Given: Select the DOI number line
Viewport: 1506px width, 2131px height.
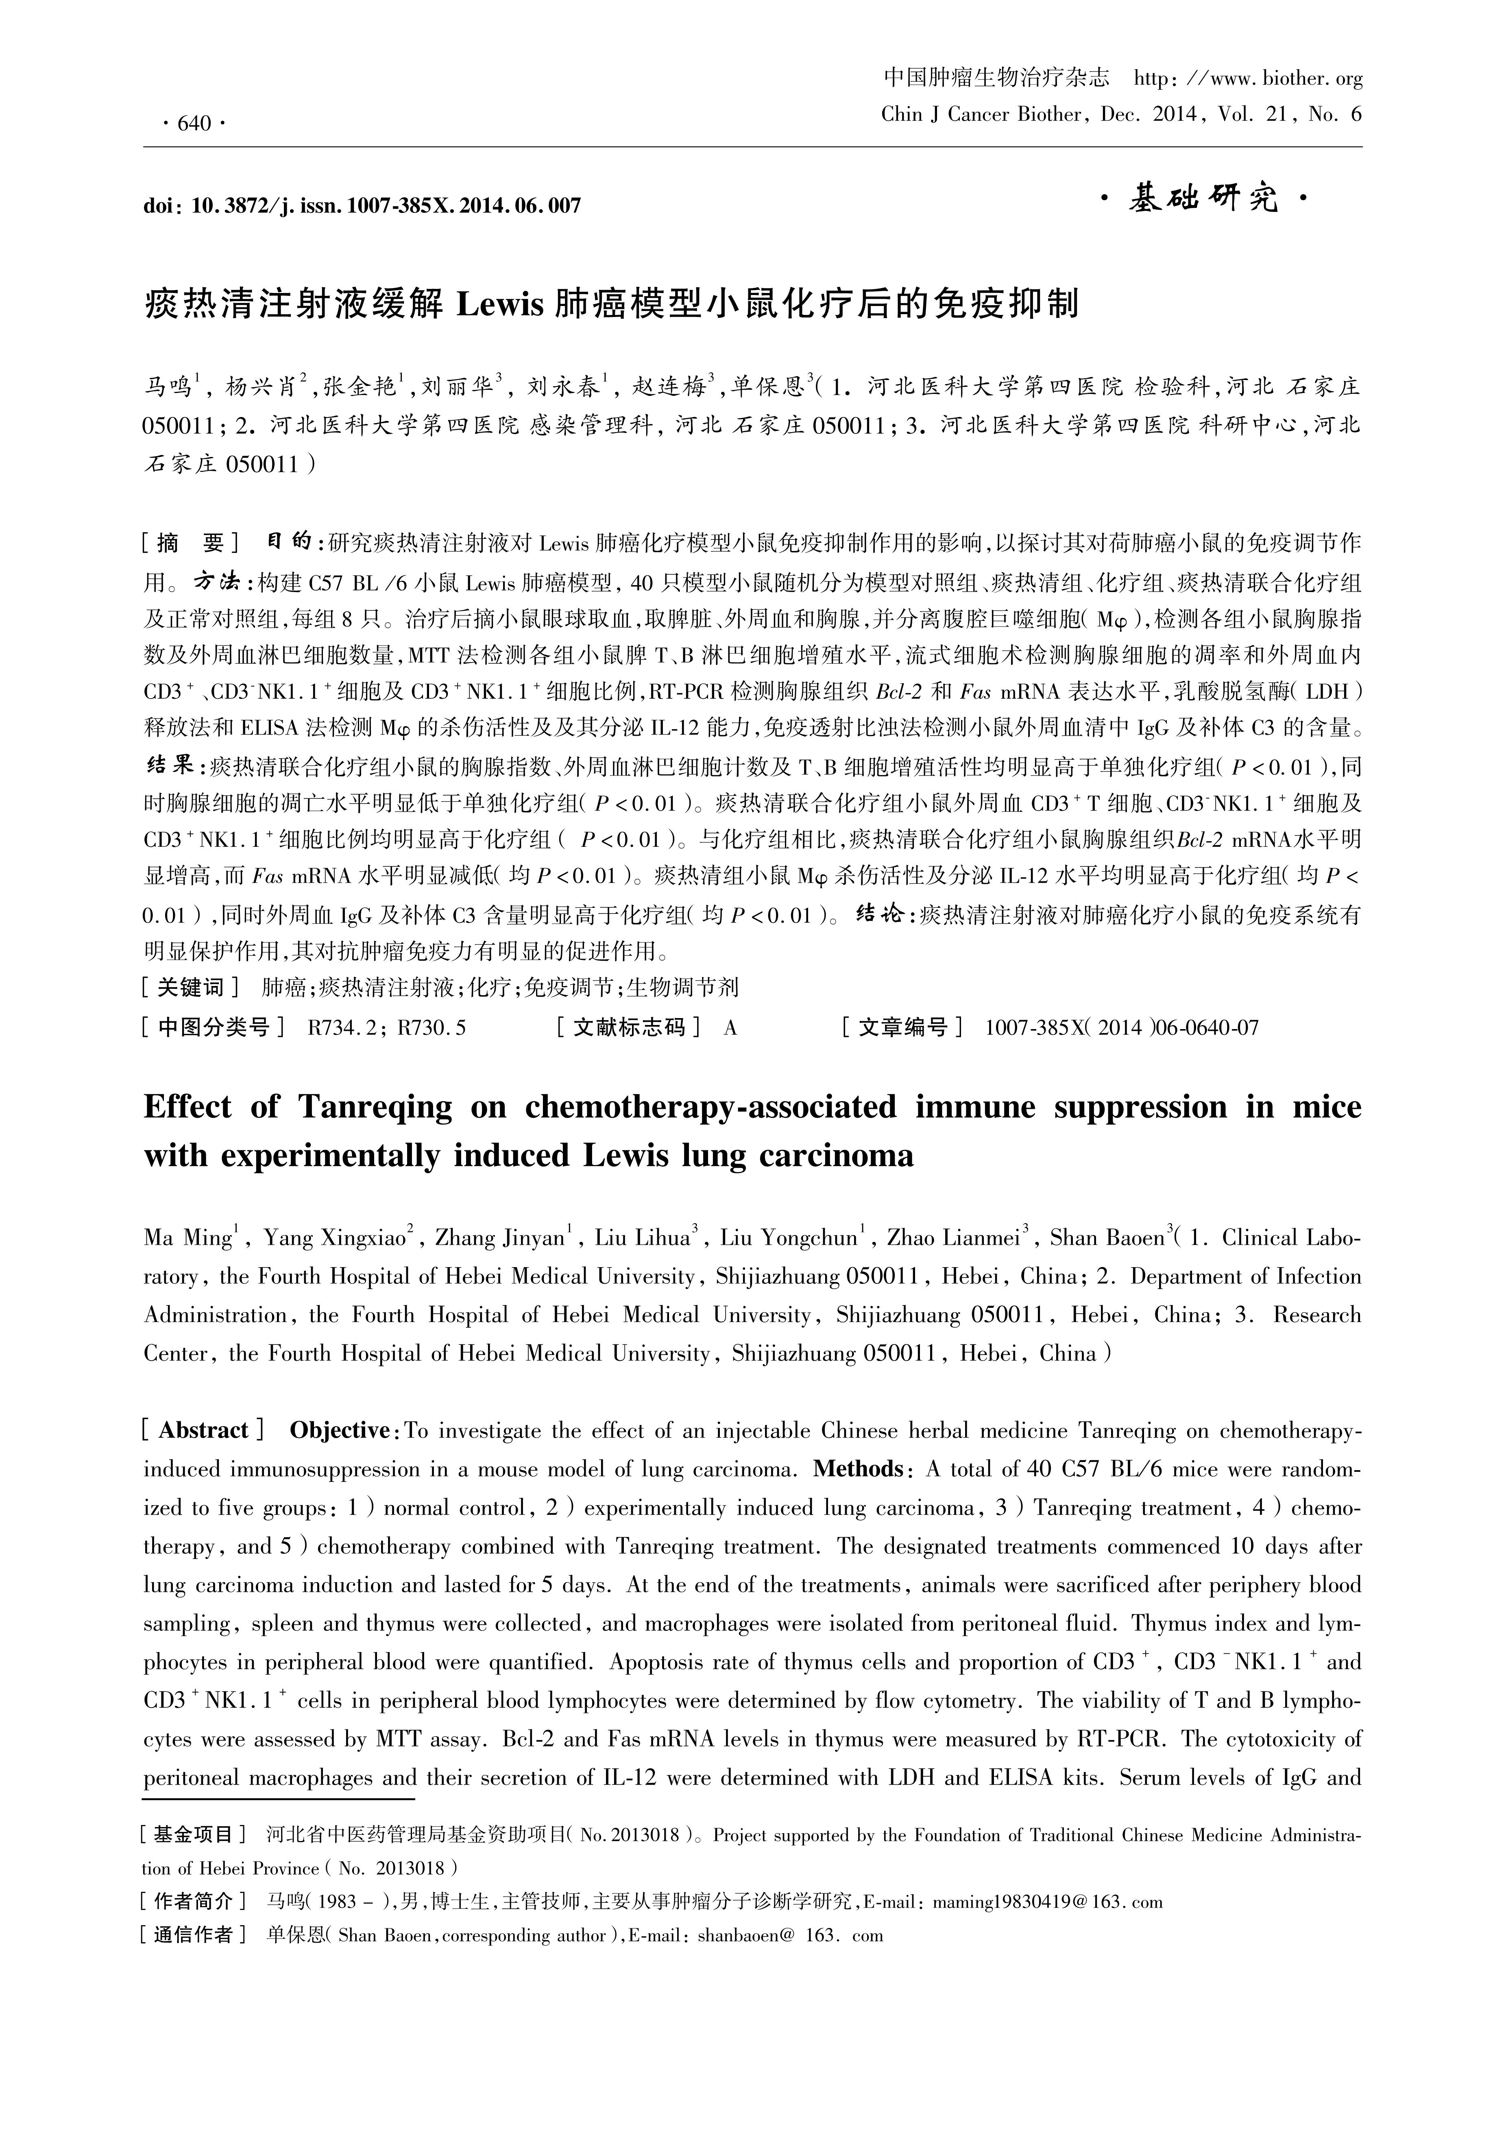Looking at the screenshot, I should tap(362, 205).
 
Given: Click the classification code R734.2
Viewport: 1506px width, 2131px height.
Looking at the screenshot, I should tap(338, 1027).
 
